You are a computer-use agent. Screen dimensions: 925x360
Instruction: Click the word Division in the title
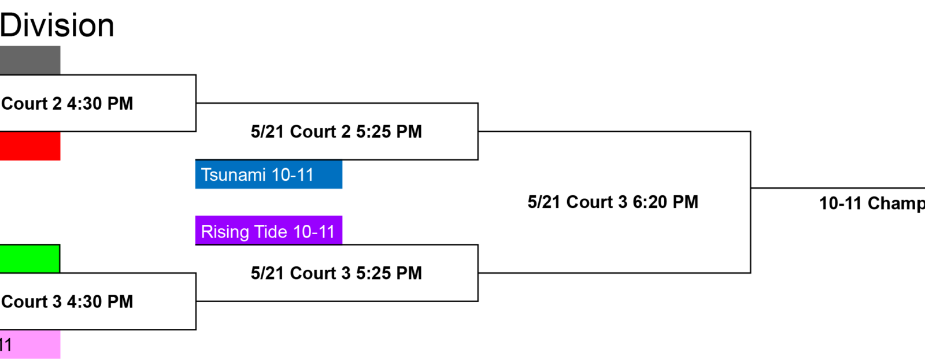(x=57, y=25)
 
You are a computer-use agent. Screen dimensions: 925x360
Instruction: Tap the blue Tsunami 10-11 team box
(x=269, y=174)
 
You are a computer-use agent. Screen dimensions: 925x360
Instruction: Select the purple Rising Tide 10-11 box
(x=269, y=231)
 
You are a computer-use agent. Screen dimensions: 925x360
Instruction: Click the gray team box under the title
(x=30, y=60)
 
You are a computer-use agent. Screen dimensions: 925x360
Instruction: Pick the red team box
(x=30, y=146)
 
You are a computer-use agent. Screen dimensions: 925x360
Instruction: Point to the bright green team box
(x=30, y=259)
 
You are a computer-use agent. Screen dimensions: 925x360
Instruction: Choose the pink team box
(x=30, y=344)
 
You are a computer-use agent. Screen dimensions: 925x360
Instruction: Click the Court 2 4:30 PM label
(x=67, y=103)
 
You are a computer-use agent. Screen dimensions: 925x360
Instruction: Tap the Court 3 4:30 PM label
(x=67, y=302)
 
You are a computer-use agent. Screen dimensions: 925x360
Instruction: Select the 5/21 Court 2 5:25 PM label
(x=336, y=132)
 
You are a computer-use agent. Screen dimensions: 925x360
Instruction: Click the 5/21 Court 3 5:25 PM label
(x=336, y=273)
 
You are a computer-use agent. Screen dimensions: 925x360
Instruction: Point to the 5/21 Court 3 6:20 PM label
(x=613, y=202)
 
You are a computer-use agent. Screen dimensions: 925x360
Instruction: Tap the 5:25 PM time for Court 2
(x=389, y=132)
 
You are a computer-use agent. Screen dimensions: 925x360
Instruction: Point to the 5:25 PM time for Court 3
(x=389, y=273)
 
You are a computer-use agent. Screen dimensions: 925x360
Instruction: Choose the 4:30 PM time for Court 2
(x=101, y=103)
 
